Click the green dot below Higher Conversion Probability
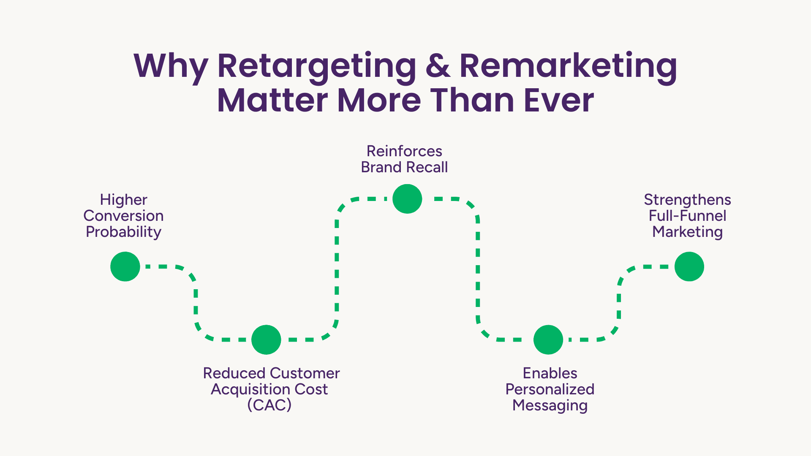tap(125, 266)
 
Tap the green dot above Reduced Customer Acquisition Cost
tap(266, 339)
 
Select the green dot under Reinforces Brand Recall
tap(407, 199)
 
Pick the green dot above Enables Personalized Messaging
tap(548, 339)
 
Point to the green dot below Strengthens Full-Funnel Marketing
tap(689, 266)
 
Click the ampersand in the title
tap(438, 66)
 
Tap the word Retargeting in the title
tap(317, 68)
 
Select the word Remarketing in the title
tap(568, 68)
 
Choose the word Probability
tap(123, 232)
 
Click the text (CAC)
tap(269, 405)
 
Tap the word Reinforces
tap(404, 151)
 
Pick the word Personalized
tap(550, 389)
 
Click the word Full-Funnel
tap(688, 216)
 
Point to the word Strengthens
tap(688, 200)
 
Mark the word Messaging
tap(550, 406)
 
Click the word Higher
tap(124, 200)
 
